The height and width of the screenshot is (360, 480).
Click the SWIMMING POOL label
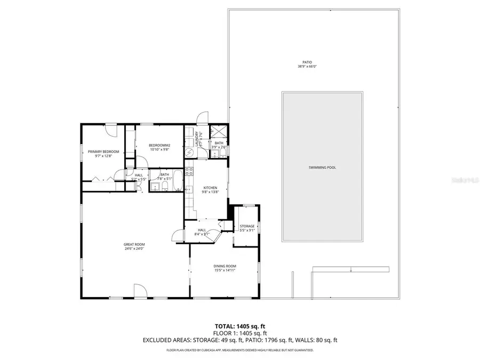(x=322, y=167)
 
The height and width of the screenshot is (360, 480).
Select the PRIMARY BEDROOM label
(x=103, y=151)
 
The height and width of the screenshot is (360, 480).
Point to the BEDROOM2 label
(x=159, y=146)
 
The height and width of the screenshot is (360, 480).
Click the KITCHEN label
(x=210, y=188)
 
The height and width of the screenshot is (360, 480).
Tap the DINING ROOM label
(x=224, y=266)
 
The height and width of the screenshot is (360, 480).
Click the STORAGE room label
(x=247, y=226)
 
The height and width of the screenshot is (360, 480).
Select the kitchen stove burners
(x=188, y=171)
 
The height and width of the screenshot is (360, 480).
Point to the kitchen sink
(x=188, y=188)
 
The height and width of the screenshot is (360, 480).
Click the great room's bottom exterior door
(x=140, y=291)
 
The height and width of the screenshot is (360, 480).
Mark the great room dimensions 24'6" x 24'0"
(x=134, y=249)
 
